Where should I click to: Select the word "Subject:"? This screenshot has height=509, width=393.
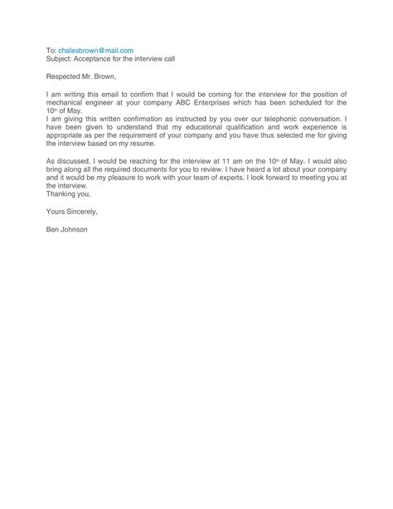pyautogui.click(x=60, y=60)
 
